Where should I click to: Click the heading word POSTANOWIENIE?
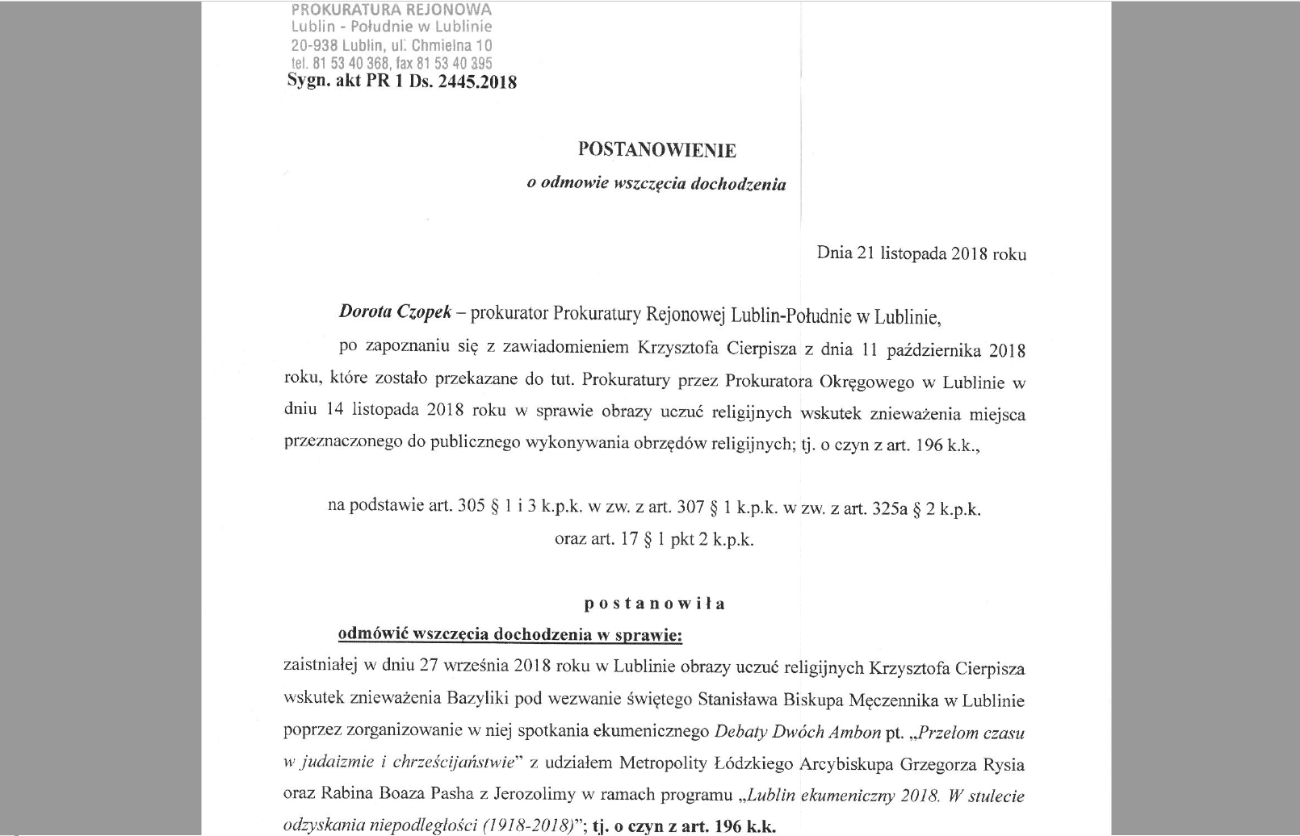[656, 150]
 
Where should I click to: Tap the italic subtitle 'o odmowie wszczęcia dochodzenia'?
[656, 184]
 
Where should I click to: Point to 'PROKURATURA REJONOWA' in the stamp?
[391, 10]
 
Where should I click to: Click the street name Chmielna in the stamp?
[444, 45]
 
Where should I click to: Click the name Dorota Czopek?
[394, 314]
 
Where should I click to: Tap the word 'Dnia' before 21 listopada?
[834, 253]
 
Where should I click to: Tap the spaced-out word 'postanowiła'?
[655, 604]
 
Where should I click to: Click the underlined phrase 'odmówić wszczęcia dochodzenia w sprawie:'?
[510, 635]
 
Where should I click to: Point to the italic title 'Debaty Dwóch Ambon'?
[798, 733]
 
